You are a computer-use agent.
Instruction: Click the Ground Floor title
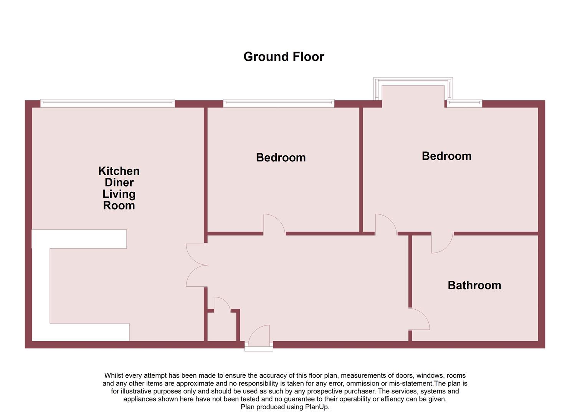[284, 57]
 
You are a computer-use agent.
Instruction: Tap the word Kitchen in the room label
[119, 171]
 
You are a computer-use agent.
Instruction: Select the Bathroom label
[474, 285]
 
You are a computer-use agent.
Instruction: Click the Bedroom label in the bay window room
[446, 156]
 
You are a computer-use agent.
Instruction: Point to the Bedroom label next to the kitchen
[281, 158]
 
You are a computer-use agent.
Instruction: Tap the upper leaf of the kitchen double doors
[195, 254]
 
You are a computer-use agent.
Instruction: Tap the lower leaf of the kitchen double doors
[195, 276]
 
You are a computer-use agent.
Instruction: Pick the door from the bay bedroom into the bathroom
[441, 243]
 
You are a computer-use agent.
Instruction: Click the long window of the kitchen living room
[107, 103]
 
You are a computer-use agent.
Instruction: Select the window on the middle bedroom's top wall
[279, 103]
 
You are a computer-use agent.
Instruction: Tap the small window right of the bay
[464, 103]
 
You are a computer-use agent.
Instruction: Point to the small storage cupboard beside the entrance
[221, 327]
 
